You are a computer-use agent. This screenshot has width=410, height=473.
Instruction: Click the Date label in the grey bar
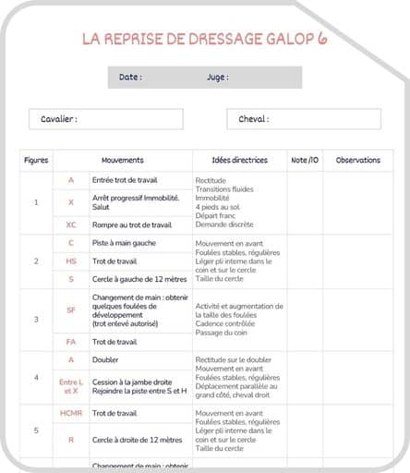click(130, 78)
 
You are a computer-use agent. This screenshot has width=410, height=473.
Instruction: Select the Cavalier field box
click(105, 119)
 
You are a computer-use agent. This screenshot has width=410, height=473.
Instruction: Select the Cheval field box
click(303, 119)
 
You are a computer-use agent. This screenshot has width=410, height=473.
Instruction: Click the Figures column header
click(36, 160)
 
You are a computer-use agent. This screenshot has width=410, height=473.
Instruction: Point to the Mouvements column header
click(123, 160)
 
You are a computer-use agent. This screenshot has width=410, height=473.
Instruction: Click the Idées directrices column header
click(239, 160)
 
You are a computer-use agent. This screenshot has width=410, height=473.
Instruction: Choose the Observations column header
click(357, 160)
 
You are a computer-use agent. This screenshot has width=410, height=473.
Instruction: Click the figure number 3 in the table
click(36, 320)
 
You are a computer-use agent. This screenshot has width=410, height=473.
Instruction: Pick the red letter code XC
click(71, 224)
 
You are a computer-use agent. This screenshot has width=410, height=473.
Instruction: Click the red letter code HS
click(71, 261)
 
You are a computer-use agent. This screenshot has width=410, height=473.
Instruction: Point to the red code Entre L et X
click(71, 387)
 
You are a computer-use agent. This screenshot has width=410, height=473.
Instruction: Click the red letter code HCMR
click(71, 413)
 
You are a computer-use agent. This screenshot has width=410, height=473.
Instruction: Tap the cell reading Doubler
click(105, 359)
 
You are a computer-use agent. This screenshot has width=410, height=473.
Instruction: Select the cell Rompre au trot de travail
click(131, 224)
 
